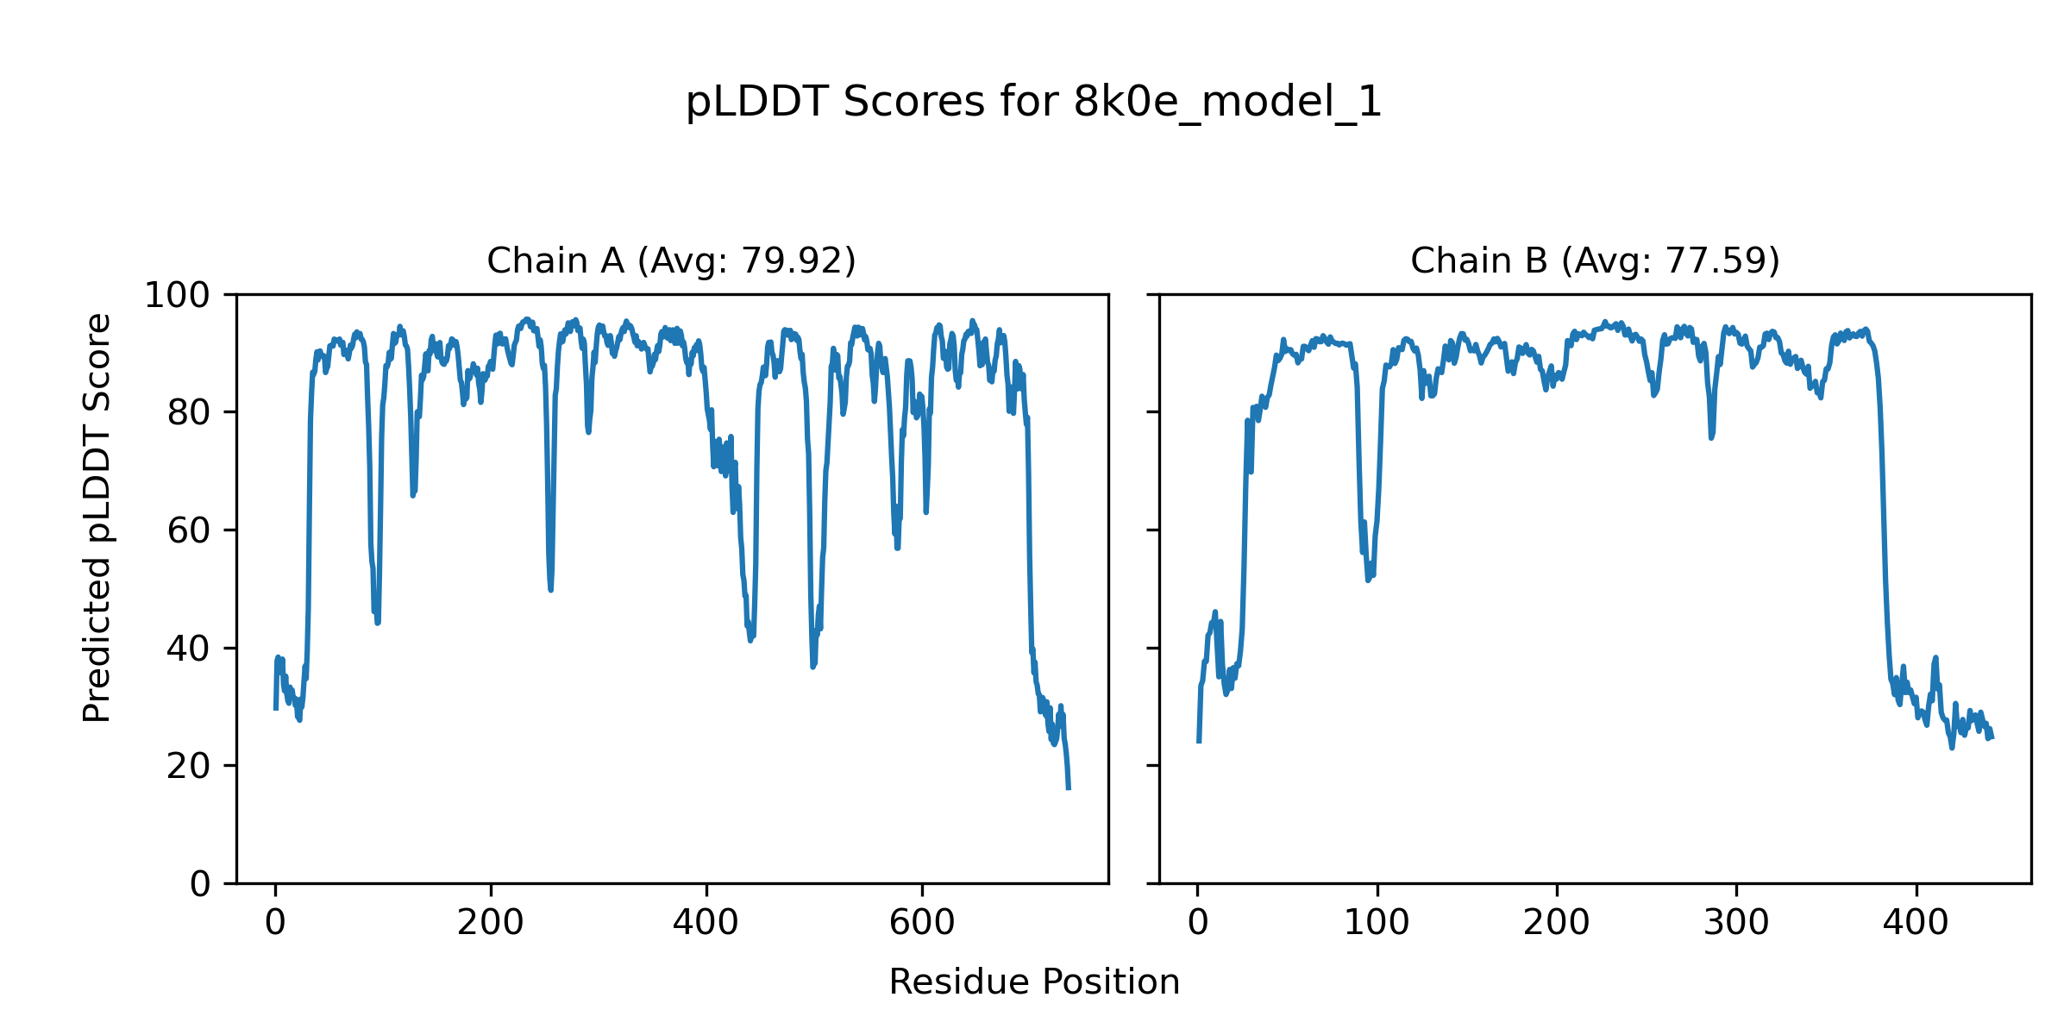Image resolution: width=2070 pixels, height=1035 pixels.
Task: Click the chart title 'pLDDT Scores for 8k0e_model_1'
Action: pyautogui.click(x=1033, y=103)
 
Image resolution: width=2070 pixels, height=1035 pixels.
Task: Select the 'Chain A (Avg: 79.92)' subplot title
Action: pyautogui.click(x=671, y=260)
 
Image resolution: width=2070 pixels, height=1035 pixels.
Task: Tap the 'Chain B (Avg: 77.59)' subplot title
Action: pyautogui.click(x=1595, y=260)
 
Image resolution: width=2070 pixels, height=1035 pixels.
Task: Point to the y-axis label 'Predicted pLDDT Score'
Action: pyautogui.click(x=97, y=517)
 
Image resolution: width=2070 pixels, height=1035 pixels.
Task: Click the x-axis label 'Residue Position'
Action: pyautogui.click(x=1033, y=982)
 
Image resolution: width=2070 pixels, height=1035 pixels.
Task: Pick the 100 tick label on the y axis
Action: pyautogui.click(x=177, y=296)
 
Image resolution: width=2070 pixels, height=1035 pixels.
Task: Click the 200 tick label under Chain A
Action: pyautogui.click(x=491, y=924)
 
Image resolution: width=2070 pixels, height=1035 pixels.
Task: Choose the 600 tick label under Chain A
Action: pyautogui.click(x=922, y=924)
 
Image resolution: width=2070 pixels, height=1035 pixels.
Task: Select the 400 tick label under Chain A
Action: pyautogui.click(x=706, y=924)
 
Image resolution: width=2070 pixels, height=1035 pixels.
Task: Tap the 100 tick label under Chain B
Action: pyautogui.click(x=1377, y=924)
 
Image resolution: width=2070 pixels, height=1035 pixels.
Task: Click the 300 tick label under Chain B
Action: pyautogui.click(x=1736, y=924)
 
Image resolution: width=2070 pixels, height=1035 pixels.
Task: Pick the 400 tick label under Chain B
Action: pyautogui.click(x=1916, y=924)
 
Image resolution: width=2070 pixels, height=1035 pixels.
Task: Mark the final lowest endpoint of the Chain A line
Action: pyautogui.click(x=1069, y=788)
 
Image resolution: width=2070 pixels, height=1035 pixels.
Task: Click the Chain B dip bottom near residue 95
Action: pyautogui.click(x=1368, y=580)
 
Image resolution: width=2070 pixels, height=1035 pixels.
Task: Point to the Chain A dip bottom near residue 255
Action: pyautogui.click(x=550, y=589)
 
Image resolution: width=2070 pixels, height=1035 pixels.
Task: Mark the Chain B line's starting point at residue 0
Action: pyautogui.click(x=1198, y=742)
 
